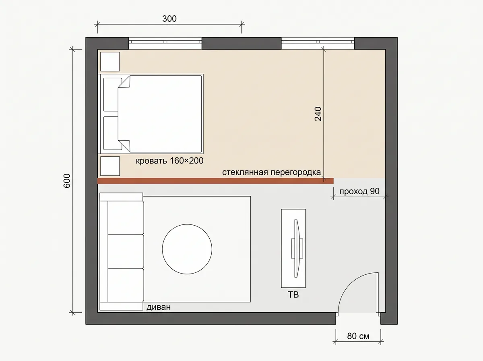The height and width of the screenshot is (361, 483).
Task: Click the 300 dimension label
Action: point(169,19)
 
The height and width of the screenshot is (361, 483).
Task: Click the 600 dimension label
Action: point(67,181)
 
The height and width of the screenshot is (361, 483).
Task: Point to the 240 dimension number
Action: point(318,114)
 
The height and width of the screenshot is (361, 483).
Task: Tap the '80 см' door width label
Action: point(358,336)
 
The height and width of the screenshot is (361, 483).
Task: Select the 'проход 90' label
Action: point(359,191)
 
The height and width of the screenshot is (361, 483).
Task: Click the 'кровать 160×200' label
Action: point(169,161)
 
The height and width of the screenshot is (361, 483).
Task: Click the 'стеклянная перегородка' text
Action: point(271,172)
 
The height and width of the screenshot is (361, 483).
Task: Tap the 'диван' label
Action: point(159,307)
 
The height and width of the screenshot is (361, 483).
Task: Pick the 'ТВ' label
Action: point(293,295)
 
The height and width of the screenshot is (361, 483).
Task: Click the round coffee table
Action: point(187,249)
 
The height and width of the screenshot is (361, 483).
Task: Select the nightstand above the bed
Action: point(110,62)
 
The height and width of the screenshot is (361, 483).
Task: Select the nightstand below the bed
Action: point(110,166)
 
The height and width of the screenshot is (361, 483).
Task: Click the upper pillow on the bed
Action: point(112,95)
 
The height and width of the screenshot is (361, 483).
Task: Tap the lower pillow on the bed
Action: point(112,133)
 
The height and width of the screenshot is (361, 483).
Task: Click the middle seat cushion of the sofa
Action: point(126,251)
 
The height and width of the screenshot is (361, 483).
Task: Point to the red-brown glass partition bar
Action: point(215,181)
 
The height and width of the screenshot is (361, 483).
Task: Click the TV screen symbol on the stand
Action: point(297,249)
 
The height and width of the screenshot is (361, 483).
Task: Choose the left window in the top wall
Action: point(165,43)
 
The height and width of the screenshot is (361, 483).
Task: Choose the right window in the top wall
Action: point(318,43)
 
